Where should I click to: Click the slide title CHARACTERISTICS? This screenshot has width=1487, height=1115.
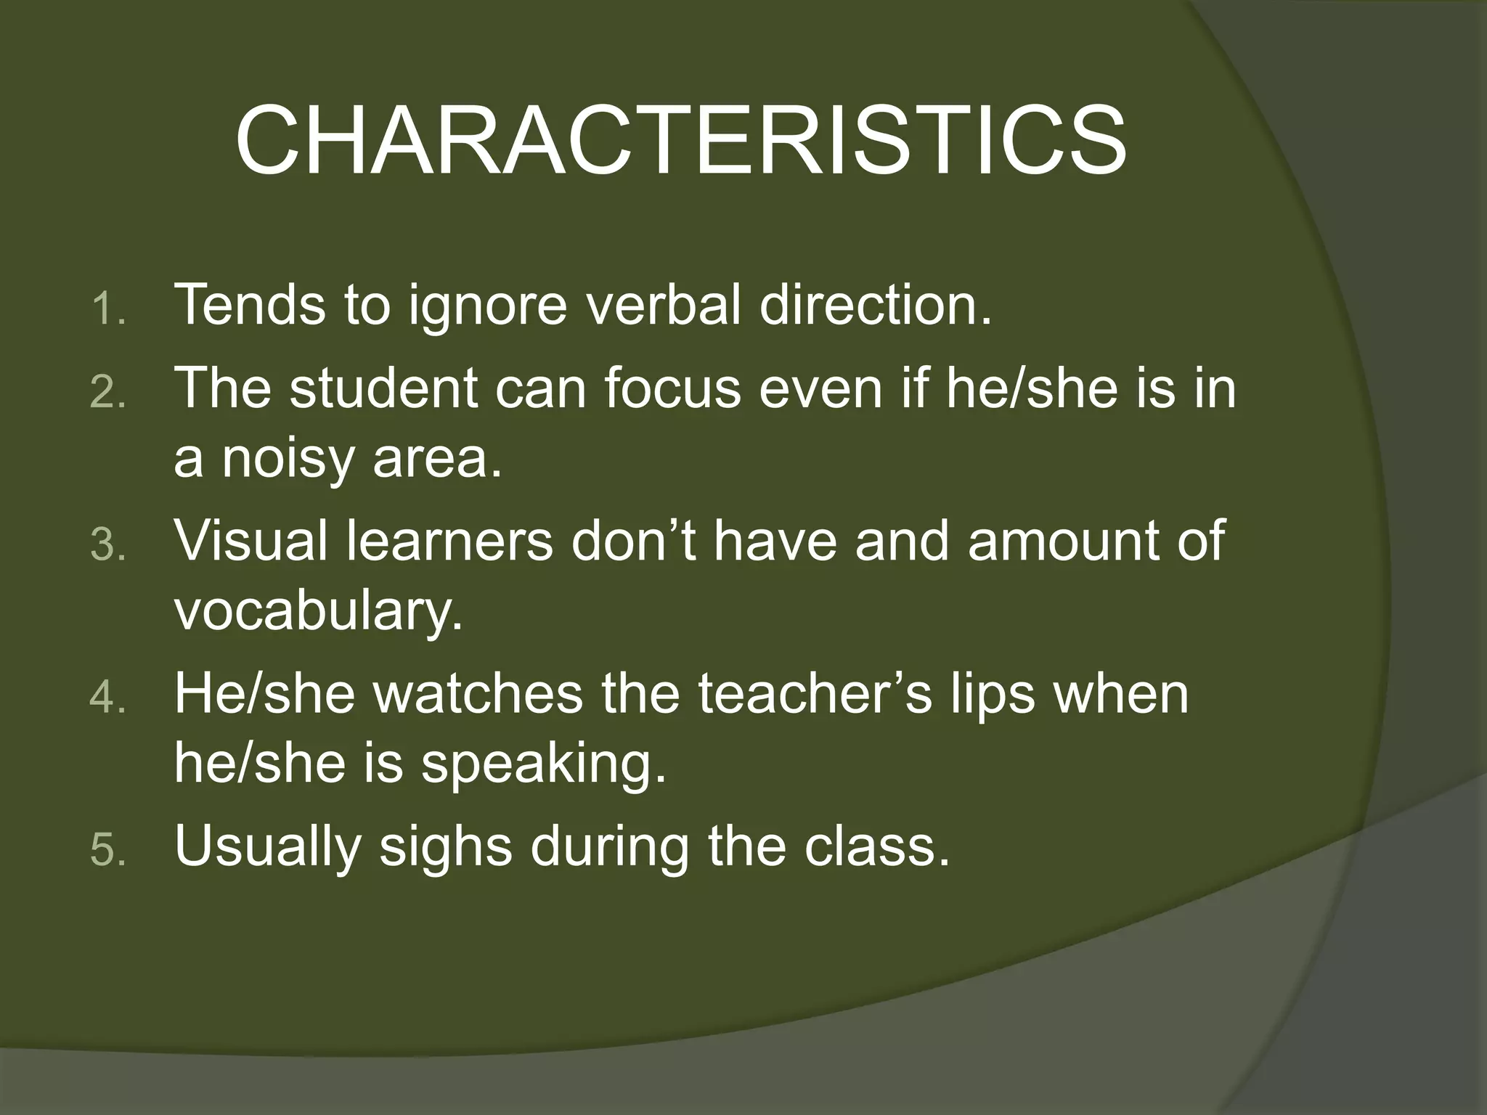tap(680, 140)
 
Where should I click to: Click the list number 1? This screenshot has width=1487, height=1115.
tap(109, 311)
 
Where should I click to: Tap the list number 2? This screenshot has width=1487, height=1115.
tap(109, 393)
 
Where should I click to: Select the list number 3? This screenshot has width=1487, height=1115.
tap(109, 546)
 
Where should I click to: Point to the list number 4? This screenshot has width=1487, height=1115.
tap(109, 698)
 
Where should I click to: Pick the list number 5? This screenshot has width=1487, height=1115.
tap(109, 851)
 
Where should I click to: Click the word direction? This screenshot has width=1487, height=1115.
tap(875, 305)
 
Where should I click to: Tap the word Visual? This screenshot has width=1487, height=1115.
tap(251, 540)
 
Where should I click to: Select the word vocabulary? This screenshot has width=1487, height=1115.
tap(318, 611)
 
